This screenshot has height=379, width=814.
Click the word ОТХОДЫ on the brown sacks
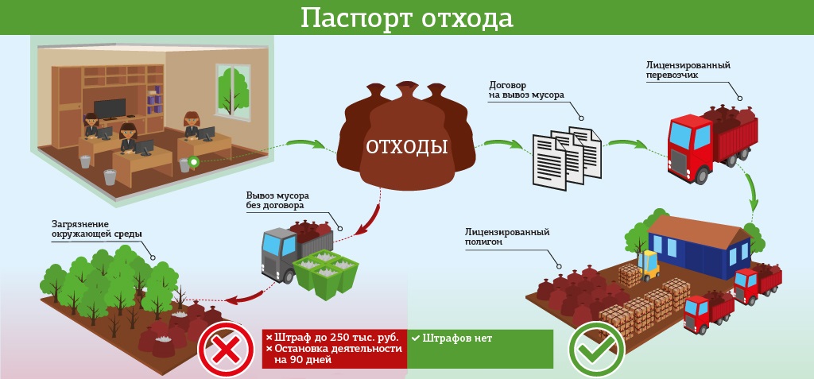point(406,147)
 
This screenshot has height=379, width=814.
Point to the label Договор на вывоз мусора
point(526,90)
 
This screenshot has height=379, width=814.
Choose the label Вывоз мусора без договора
point(277,200)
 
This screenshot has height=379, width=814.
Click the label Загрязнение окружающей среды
point(96,230)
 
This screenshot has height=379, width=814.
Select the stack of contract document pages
point(566,157)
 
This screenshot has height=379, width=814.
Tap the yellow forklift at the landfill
point(648,265)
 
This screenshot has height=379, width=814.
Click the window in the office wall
point(233,90)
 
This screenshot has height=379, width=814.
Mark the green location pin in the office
point(194,162)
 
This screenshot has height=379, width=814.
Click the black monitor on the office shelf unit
point(110,109)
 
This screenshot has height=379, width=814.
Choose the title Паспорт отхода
point(407,18)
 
